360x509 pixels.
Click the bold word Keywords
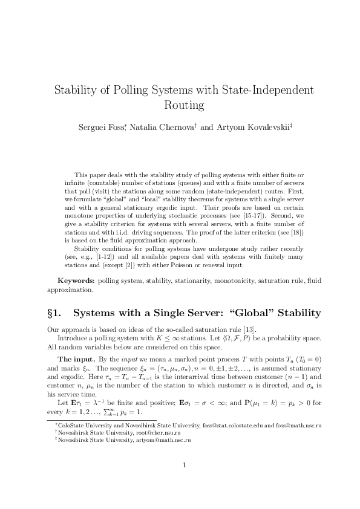point(76,281)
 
